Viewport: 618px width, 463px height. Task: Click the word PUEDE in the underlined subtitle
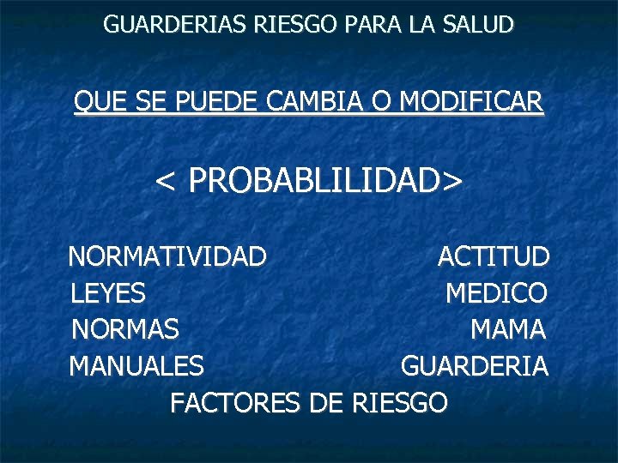point(218,103)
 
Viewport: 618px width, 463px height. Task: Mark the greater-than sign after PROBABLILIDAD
point(452,181)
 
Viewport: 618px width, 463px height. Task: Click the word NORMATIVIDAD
point(167,256)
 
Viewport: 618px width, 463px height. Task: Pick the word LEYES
point(107,293)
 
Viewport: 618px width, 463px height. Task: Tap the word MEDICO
point(496,293)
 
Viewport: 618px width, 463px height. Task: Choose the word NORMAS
point(124,329)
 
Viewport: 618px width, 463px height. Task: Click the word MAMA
point(508,329)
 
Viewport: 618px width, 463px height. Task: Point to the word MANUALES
point(136,366)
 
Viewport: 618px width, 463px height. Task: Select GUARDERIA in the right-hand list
point(475,366)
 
